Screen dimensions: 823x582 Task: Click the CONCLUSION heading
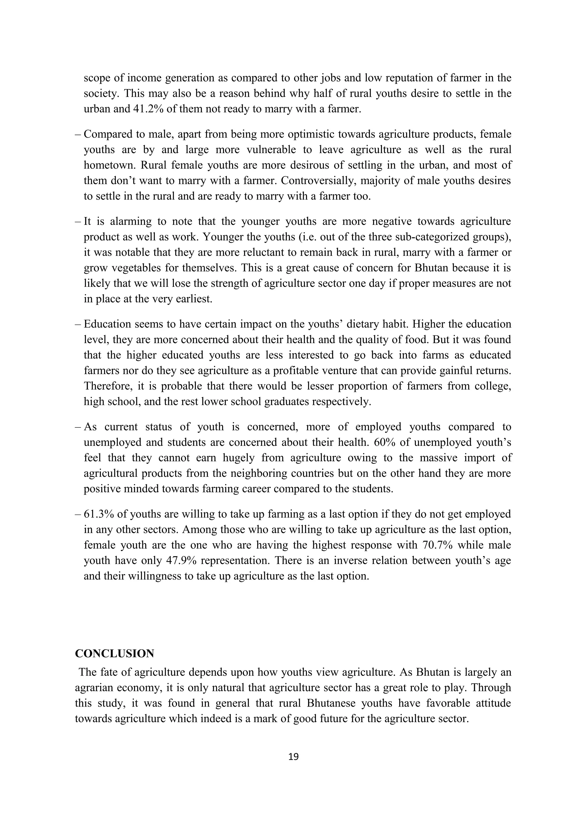115,653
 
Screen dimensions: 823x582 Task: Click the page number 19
293,756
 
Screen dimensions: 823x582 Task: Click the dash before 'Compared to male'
78,134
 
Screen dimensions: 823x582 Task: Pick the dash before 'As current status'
78,427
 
